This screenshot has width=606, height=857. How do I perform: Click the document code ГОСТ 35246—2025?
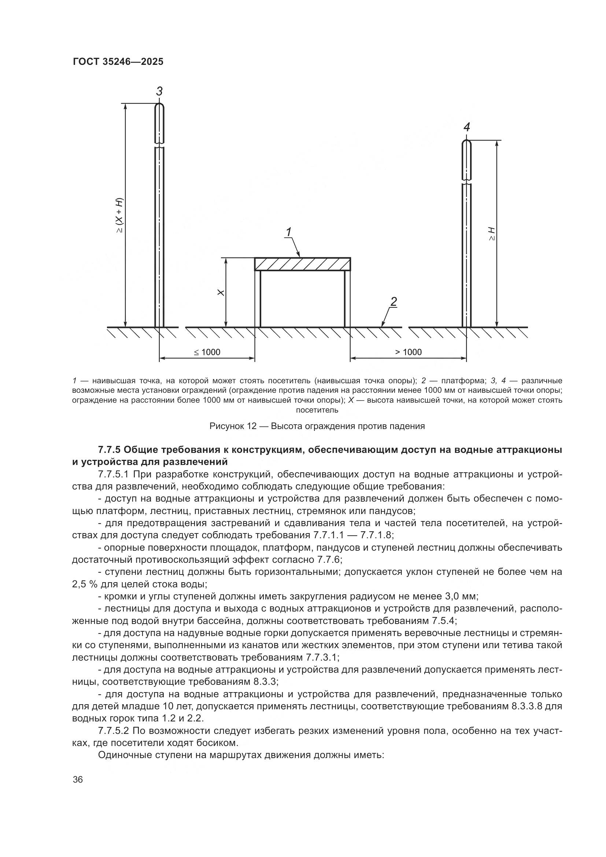click(x=118, y=62)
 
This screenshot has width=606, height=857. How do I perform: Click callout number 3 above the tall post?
click(x=159, y=91)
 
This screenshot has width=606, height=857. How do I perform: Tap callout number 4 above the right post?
click(x=466, y=127)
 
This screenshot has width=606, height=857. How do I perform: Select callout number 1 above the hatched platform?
click(x=289, y=232)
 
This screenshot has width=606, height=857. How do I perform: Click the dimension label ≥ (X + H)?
click(x=119, y=216)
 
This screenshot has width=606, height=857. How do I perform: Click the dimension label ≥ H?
click(x=492, y=233)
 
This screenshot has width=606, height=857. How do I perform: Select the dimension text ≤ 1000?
click(x=207, y=352)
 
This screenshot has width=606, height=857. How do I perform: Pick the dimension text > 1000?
click(x=408, y=352)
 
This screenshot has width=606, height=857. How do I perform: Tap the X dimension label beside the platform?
click(x=221, y=293)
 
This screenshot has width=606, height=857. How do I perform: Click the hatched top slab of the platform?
click(x=302, y=264)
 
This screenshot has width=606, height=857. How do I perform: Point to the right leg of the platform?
click(x=347, y=299)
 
